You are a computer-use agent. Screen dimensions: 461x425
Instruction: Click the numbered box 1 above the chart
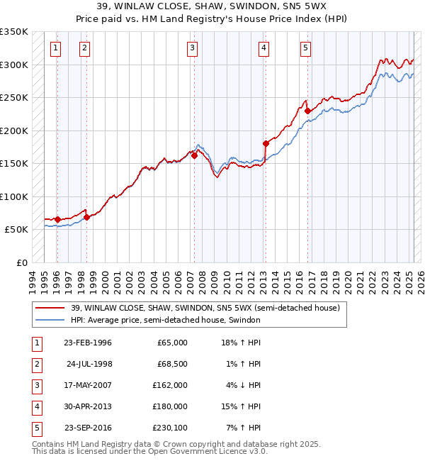(x=56, y=48)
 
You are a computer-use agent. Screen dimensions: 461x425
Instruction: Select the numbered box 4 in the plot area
(x=263, y=48)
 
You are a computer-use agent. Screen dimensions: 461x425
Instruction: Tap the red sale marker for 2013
(x=265, y=143)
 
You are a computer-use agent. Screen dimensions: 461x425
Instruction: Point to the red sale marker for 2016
(x=307, y=111)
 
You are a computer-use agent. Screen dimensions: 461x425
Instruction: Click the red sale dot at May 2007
(x=194, y=155)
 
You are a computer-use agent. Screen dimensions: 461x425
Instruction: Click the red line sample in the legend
(x=50, y=308)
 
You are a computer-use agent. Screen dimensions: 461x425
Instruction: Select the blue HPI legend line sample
(x=50, y=320)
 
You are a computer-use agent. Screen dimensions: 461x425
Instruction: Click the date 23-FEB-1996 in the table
(x=88, y=343)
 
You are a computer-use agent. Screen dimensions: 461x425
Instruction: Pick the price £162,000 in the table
(x=171, y=385)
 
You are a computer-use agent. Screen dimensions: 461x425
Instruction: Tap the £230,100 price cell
(x=171, y=428)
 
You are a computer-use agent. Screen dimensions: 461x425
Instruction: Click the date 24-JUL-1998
(x=89, y=364)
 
